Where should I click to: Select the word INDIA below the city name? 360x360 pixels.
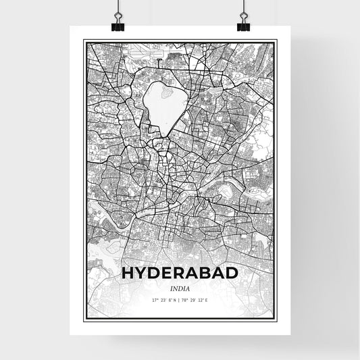(x=180, y=287)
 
